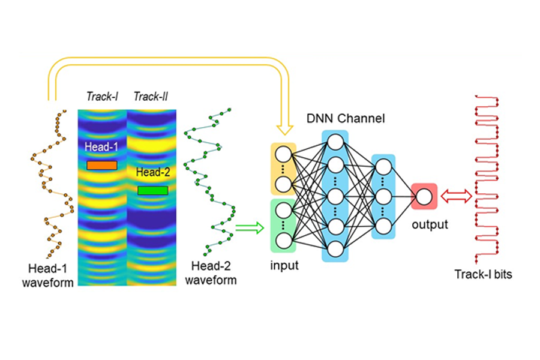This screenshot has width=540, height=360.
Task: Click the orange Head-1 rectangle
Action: tap(102, 166)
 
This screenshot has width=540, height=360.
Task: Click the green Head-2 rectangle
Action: tap(153, 191)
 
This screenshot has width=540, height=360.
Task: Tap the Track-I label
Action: tap(102, 97)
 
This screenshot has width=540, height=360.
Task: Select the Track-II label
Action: tap(151, 97)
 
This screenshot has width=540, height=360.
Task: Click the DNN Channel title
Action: tap(346, 119)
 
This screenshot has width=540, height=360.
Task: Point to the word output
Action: tap(430, 224)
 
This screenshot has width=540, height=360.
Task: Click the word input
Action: tap(284, 266)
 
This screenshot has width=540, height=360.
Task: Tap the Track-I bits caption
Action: tap(483, 274)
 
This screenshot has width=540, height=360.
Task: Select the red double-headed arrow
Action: tap(457, 196)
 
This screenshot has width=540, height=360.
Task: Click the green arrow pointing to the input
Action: tap(250, 228)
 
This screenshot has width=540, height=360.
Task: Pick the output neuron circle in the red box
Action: tap(424, 197)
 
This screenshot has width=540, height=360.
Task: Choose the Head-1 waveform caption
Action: tap(47, 275)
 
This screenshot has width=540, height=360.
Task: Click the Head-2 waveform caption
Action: tap(211, 273)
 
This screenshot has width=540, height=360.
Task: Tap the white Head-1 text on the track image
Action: tap(101, 147)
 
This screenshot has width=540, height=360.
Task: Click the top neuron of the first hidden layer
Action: tap(335, 142)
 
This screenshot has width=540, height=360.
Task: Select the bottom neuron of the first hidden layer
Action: tap(335, 249)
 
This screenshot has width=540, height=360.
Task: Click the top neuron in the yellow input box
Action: tap(283, 154)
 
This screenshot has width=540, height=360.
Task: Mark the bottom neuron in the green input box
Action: tap(283, 241)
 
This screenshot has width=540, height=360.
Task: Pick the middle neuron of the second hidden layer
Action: tap(383, 197)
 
